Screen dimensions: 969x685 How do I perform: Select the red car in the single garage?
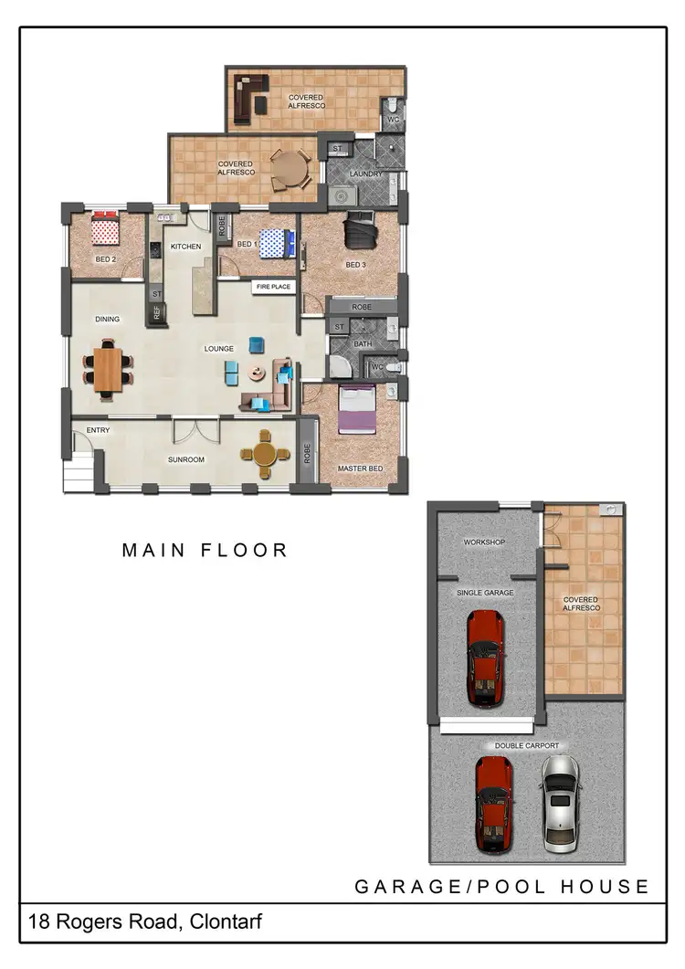[x=484, y=658]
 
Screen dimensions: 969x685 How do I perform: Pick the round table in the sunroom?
[x=265, y=454]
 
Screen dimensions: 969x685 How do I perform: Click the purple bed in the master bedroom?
[x=355, y=409]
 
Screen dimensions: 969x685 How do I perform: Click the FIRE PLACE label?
[x=273, y=287]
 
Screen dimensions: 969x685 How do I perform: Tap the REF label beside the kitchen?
[x=156, y=313]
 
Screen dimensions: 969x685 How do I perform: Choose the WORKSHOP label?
[x=484, y=542]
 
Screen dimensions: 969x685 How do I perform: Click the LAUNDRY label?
[x=365, y=174]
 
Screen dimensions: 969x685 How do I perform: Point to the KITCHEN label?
[x=185, y=247]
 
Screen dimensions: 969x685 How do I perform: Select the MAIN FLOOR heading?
[x=205, y=550]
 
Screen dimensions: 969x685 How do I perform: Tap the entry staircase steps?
[x=78, y=474]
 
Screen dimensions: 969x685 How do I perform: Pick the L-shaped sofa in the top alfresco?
[x=248, y=97]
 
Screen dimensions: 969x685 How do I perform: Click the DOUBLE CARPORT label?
[x=527, y=746]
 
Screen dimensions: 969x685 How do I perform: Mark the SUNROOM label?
[x=185, y=459]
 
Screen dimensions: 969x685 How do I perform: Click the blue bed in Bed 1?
[x=276, y=242]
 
